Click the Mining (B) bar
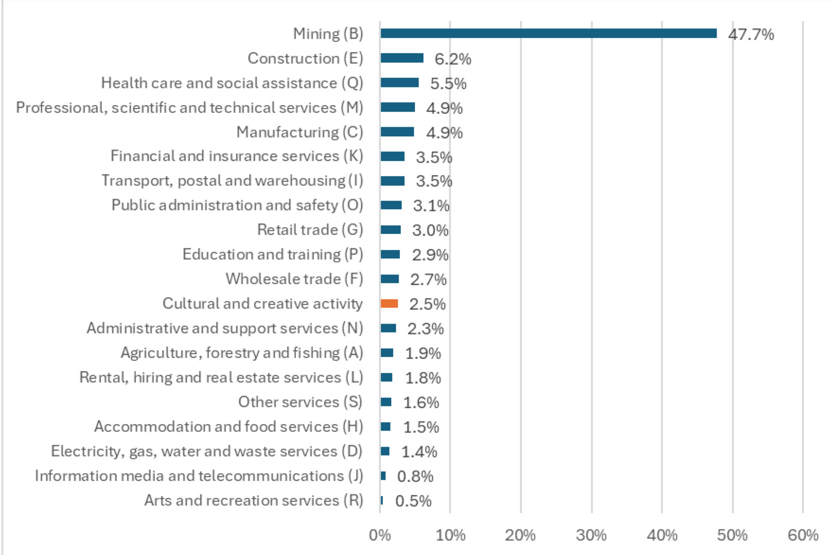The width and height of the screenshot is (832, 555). point(548,33)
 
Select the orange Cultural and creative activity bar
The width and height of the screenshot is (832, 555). point(389,304)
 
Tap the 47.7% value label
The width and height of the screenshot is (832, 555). point(751,35)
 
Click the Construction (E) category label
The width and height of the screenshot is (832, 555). point(305,58)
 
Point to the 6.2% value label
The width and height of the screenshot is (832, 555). point(453,59)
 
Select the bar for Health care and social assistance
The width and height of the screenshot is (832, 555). point(399,83)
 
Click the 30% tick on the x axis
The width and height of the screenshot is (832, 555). point(591,535)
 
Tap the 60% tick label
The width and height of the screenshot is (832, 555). point(803,535)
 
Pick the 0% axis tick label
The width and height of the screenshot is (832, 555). point(380,535)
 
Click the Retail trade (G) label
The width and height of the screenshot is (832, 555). point(310,229)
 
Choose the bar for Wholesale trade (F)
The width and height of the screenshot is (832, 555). point(389,279)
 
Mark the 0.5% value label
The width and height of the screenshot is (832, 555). point(413,501)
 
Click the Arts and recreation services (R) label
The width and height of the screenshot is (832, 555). point(254,500)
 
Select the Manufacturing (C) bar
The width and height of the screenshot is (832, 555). point(397,132)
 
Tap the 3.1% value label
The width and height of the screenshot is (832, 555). point(431,206)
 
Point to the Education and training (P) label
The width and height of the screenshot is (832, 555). point(272,254)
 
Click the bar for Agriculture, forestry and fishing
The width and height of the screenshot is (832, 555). point(386,353)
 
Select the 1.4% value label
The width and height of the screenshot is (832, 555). point(419,452)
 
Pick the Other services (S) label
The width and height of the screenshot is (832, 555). point(300,402)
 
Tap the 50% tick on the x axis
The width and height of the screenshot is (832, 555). point(732,535)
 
